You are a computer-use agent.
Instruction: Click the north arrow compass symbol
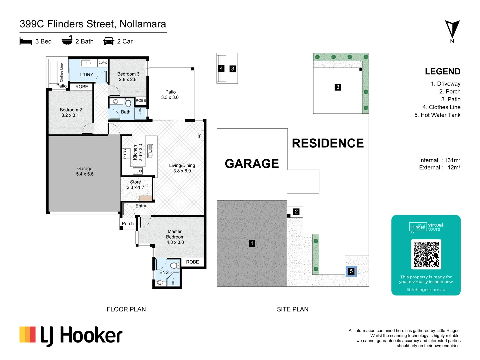pyautogui.click(x=452, y=29)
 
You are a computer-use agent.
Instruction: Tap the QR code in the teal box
pyautogui.click(x=426, y=254)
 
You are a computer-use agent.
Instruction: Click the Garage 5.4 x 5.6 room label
pyautogui.click(x=85, y=171)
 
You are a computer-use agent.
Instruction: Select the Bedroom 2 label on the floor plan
pyautogui.click(x=71, y=112)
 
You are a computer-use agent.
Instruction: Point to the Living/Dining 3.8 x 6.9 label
pyautogui.click(x=182, y=168)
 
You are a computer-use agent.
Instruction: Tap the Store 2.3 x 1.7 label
pyautogui.click(x=135, y=185)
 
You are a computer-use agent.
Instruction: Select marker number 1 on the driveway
pyautogui.click(x=252, y=243)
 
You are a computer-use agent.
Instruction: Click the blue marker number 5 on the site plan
pyautogui.click(x=351, y=271)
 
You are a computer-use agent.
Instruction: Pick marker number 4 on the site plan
pyautogui.click(x=221, y=68)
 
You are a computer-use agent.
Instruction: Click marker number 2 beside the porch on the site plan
pyautogui.click(x=296, y=212)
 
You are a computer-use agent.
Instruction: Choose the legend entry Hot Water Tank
pyautogui.click(x=437, y=115)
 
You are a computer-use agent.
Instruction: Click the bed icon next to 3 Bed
pyautogui.click(x=26, y=41)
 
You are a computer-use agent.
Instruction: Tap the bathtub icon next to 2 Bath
pyautogui.click(x=67, y=41)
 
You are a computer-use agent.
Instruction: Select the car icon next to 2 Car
pyautogui.click(x=109, y=41)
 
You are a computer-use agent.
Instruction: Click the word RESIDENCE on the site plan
pyautogui.click(x=328, y=143)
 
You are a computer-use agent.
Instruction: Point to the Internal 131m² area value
pyautogui.click(x=452, y=160)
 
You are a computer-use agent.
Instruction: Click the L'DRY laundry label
pyautogui.click(x=87, y=75)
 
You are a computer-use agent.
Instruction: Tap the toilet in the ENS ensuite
pyautogui.click(x=174, y=266)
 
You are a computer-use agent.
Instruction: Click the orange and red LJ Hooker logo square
pyautogui.click(x=28, y=335)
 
